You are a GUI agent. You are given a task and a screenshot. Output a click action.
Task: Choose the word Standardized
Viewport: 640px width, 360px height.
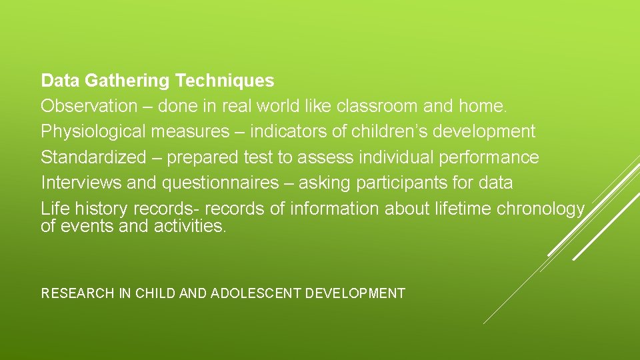(x=93, y=157)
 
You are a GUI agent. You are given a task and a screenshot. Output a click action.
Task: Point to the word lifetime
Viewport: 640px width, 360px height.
(x=459, y=209)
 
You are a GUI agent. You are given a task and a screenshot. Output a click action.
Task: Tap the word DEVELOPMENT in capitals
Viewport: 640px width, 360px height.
(x=355, y=293)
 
